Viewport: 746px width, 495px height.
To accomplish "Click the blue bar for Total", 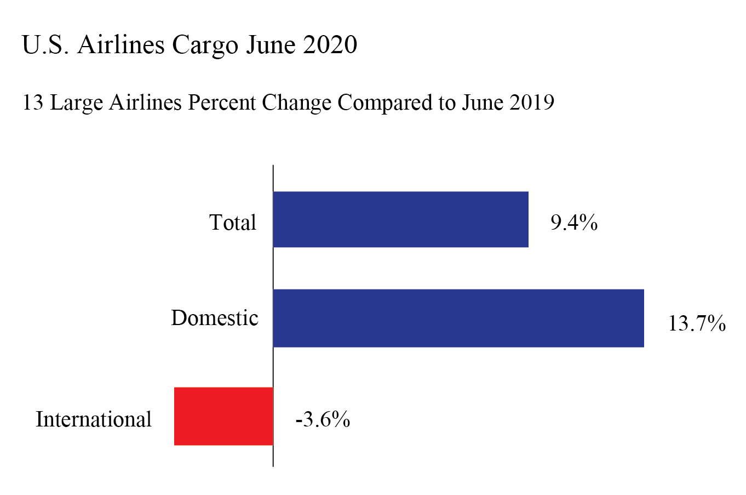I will [x=400, y=219].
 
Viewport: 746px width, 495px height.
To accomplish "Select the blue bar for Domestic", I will [x=458, y=318].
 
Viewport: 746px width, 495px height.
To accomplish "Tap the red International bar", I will [x=223, y=416].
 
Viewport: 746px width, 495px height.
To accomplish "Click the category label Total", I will [x=233, y=223].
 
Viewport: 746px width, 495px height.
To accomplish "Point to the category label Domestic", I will [x=214, y=318].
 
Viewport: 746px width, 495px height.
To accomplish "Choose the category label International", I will [x=94, y=419].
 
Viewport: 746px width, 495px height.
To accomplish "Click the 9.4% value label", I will [x=573, y=223].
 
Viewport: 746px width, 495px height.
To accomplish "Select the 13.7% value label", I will [x=696, y=323].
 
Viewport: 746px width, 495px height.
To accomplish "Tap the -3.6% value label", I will [x=323, y=419].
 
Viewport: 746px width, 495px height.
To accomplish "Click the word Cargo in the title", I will [x=205, y=45].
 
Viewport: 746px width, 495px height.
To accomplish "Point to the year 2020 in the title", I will [x=330, y=44].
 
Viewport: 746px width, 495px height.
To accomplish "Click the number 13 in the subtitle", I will [x=32, y=103].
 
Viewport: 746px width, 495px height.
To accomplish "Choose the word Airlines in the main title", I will [x=120, y=44].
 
